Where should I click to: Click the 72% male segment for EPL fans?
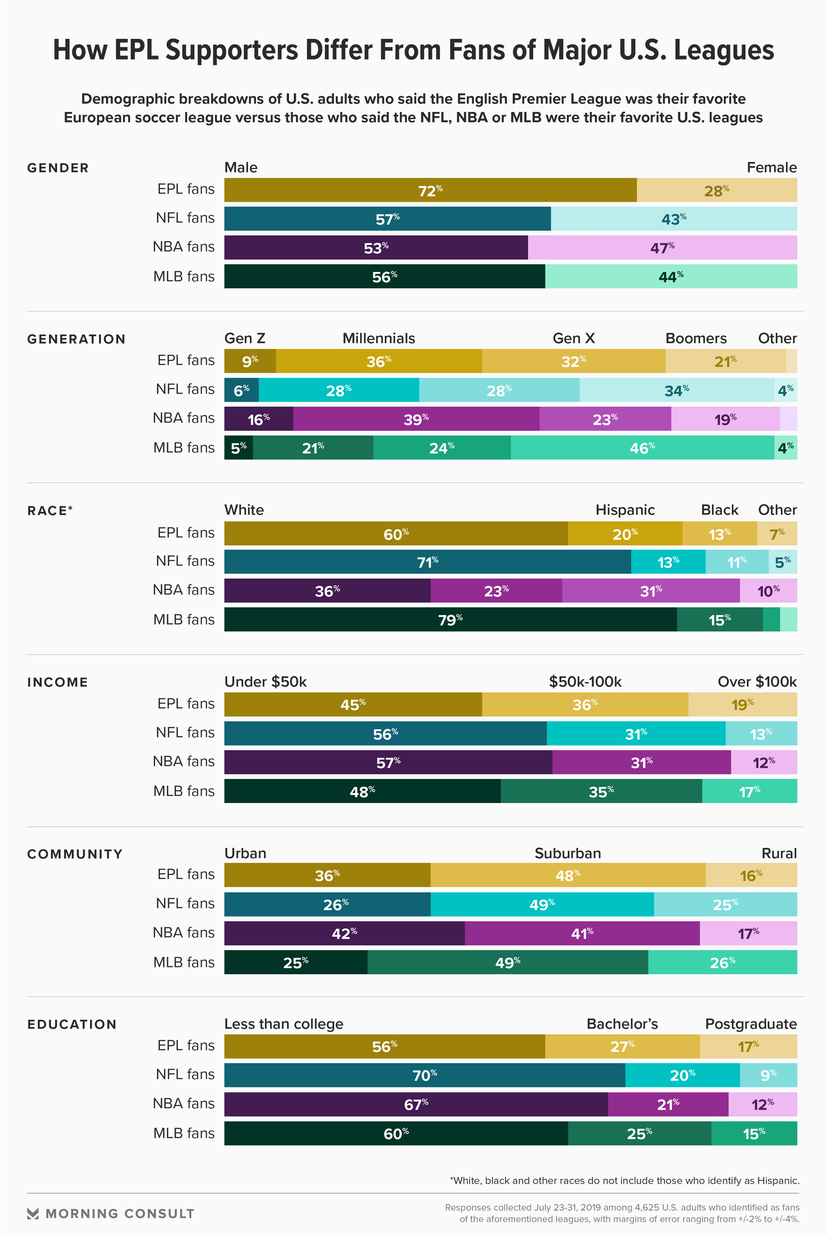click(430, 190)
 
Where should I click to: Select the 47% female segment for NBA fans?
click(662, 247)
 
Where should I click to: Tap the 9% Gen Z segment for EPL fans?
click(250, 361)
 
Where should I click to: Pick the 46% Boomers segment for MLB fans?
click(642, 447)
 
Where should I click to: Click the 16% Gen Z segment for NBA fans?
click(258, 419)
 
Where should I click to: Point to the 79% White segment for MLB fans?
click(451, 619)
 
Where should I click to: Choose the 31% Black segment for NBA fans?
click(651, 591)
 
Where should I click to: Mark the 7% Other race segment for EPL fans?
click(777, 534)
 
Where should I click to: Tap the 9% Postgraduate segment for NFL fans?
click(768, 1075)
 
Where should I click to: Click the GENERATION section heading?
click(77, 339)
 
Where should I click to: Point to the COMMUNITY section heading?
click(75, 854)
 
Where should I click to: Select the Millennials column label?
click(379, 338)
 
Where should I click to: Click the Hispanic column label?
click(625, 510)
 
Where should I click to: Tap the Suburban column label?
click(568, 854)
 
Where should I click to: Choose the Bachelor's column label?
click(622, 1024)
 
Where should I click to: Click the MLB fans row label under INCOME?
click(184, 791)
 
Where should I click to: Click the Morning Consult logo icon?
click(33, 1214)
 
